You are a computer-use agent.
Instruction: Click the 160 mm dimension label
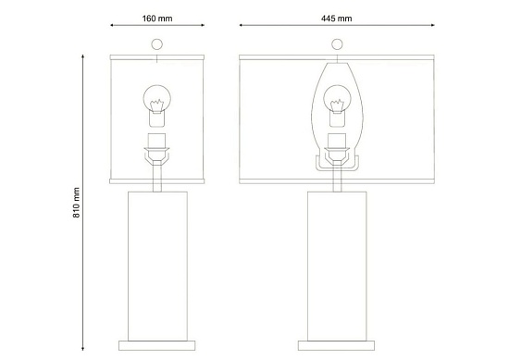[157, 19]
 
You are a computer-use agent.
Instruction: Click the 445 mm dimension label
[337, 19]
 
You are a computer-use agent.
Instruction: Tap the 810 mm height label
[76, 203]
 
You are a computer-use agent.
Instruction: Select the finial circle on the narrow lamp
[156, 44]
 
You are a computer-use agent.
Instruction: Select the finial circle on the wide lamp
[337, 44]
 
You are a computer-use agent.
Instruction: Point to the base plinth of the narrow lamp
[157, 346]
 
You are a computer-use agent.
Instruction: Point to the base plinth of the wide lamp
[336, 346]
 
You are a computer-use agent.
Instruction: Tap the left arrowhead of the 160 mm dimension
[112, 25]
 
